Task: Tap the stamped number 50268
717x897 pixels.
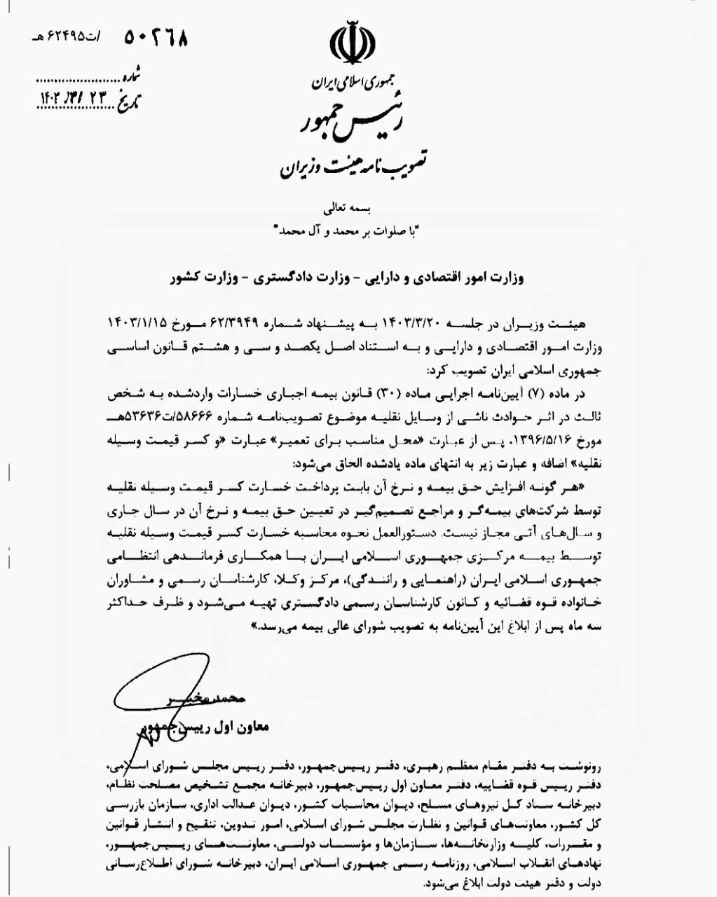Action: pyautogui.click(x=156, y=37)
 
